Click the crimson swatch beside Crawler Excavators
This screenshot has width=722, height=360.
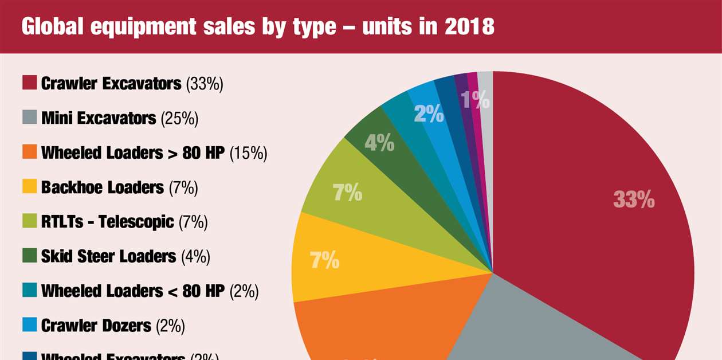coord(30,83)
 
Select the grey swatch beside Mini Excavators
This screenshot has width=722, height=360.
coord(30,118)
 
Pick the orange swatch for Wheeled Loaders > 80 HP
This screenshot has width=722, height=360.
coord(30,152)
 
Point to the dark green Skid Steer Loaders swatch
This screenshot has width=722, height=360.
coord(30,256)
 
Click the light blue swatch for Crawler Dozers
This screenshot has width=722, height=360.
coord(30,326)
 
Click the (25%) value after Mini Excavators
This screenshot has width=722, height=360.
coord(179,119)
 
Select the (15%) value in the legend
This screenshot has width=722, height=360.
coord(249,153)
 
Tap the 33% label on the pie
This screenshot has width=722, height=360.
coord(634,199)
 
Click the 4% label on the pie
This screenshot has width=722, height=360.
coord(379,143)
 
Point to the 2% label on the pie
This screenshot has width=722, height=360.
coord(429,115)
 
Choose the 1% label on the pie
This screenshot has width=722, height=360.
coord(476,100)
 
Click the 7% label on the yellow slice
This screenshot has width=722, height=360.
coord(324,261)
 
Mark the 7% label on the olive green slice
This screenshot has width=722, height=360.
coord(347,193)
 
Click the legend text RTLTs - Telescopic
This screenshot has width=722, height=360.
coord(107,222)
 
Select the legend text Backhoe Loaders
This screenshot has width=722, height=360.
coord(103,187)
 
